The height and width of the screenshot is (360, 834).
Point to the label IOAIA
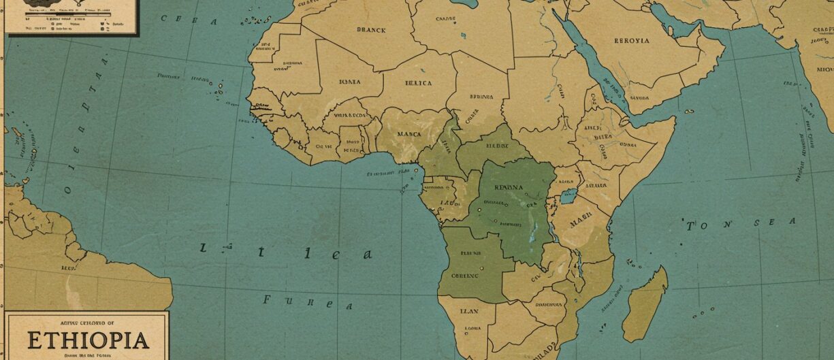point(349,82)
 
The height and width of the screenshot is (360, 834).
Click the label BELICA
point(418,83)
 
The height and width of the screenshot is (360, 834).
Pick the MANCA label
point(409,134)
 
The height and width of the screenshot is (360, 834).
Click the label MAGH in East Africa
point(582,221)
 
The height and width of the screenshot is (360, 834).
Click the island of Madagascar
point(644,304)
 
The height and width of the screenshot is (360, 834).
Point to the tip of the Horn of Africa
point(674,119)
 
